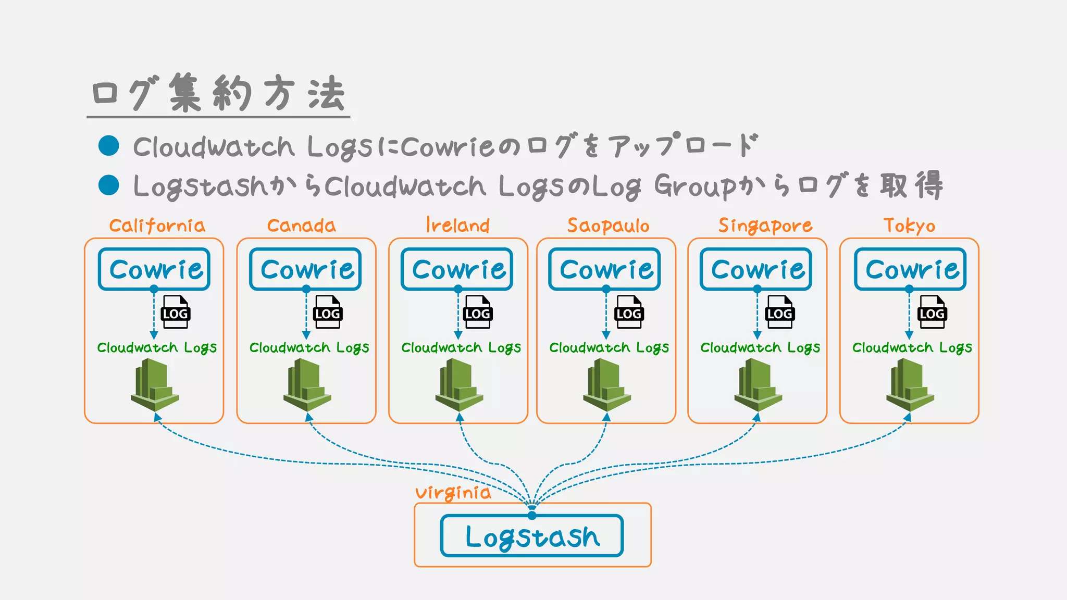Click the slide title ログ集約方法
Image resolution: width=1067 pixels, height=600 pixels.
click(x=218, y=94)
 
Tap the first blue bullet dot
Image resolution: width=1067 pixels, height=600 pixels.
click(x=109, y=145)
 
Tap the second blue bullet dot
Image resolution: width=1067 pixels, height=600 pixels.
click(x=109, y=185)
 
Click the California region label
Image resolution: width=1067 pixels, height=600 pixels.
click(x=157, y=226)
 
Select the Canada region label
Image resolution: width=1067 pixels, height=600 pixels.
click(x=301, y=226)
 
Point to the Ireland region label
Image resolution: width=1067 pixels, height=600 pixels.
click(x=457, y=225)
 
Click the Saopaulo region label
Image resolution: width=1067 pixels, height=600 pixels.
click(x=608, y=226)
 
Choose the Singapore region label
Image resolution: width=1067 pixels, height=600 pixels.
click(x=765, y=226)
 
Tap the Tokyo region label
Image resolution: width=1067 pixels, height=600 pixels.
click(x=909, y=226)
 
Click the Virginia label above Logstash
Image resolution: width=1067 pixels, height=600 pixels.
click(x=453, y=493)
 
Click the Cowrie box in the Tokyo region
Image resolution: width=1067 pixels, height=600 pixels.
click(x=910, y=269)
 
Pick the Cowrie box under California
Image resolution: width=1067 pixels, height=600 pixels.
click(x=154, y=269)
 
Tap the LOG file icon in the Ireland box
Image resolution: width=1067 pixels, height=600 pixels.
click(x=478, y=312)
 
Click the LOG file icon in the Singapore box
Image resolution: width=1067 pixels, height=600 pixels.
click(x=779, y=312)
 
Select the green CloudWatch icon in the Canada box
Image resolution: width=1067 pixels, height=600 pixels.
click(x=307, y=385)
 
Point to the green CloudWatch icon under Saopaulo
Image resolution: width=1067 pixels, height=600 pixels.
click(x=606, y=385)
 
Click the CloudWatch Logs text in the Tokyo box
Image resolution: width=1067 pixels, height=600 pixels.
click(x=912, y=348)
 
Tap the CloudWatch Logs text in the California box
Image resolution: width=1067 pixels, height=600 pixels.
click(x=157, y=348)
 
